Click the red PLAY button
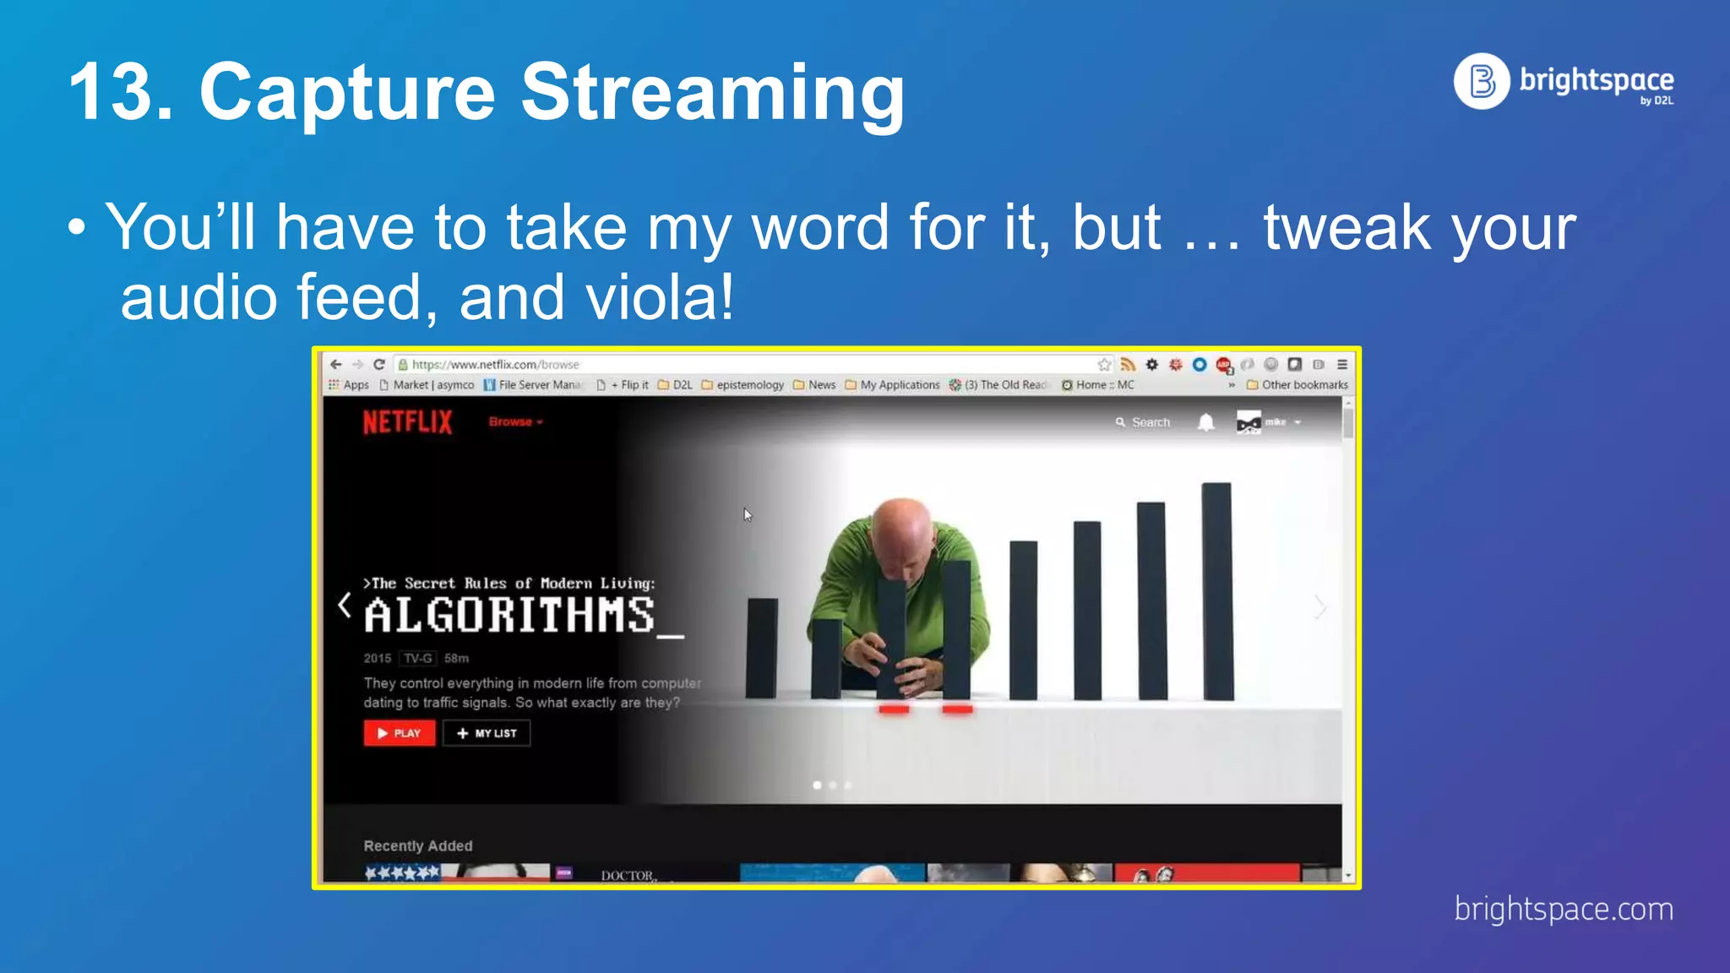click(400, 733)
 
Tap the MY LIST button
click(487, 733)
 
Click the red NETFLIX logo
click(407, 422)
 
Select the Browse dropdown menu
click(514, 421)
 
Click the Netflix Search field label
click(1150, 422)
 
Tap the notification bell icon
click(1205, 422)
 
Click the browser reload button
click(379, 364)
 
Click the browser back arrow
click(336, 364)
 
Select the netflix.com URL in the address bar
click(495, 365)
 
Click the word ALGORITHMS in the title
click(509, 615)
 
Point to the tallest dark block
click(1216, 591)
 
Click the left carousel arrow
click(344, 605)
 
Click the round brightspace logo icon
click(1482, 81)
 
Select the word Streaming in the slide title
click(712, 92)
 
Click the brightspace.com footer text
click(1563, 910)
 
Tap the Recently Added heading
click(418, 845)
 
